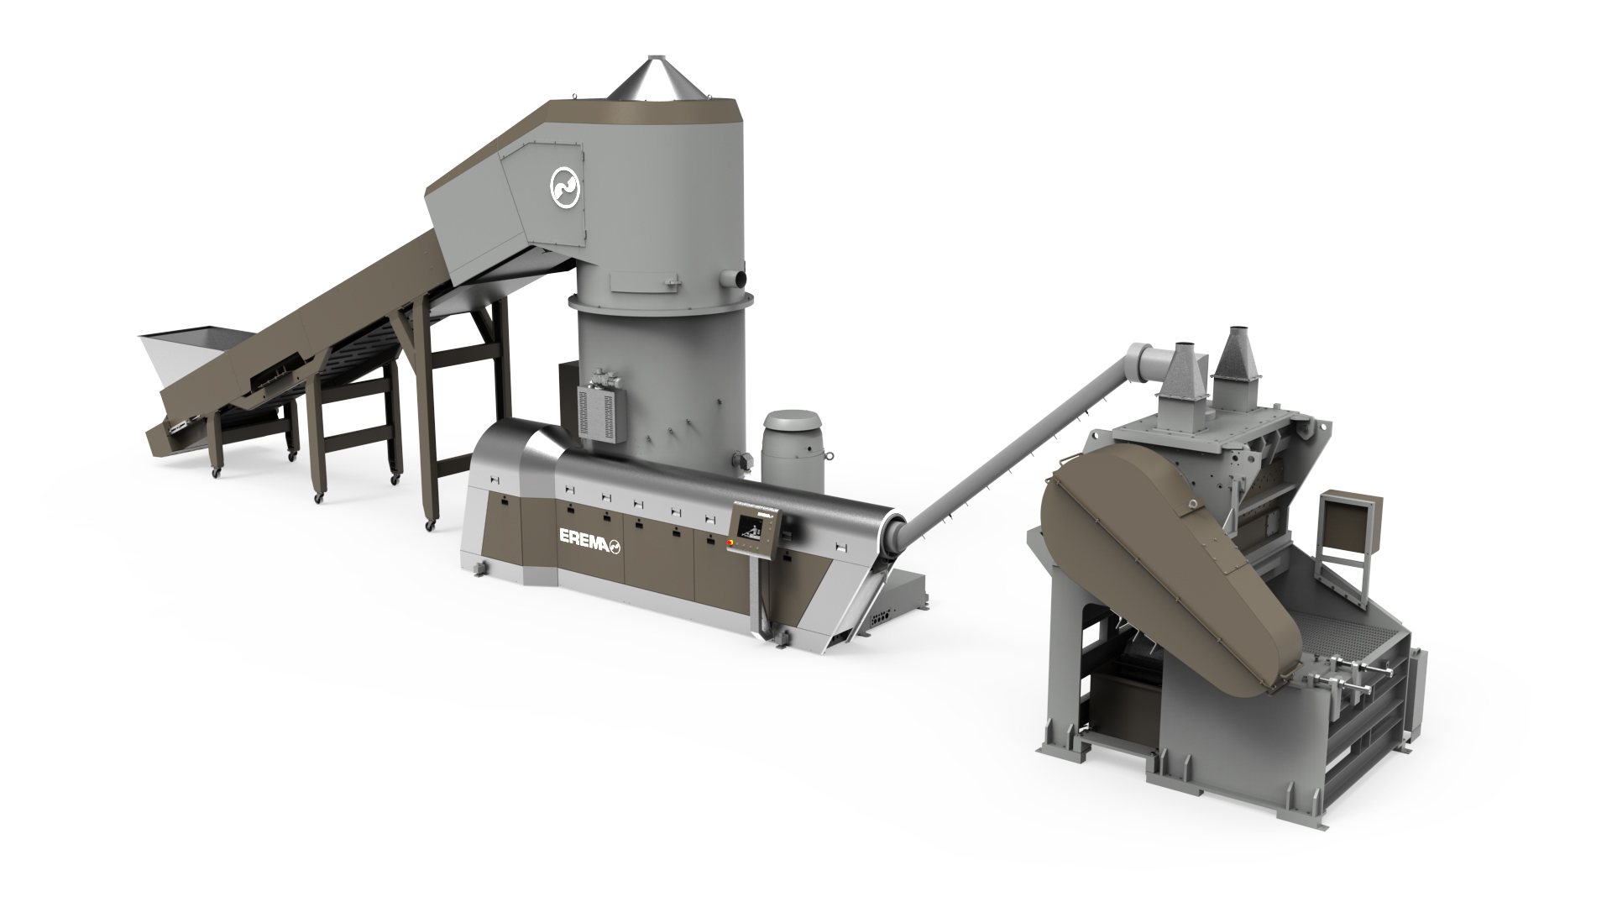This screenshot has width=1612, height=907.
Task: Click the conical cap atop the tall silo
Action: (x=653, y=78)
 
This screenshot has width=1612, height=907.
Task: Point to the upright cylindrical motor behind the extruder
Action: (x=793, y=453)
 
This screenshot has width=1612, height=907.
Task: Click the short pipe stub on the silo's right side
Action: (x=739, y=276)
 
